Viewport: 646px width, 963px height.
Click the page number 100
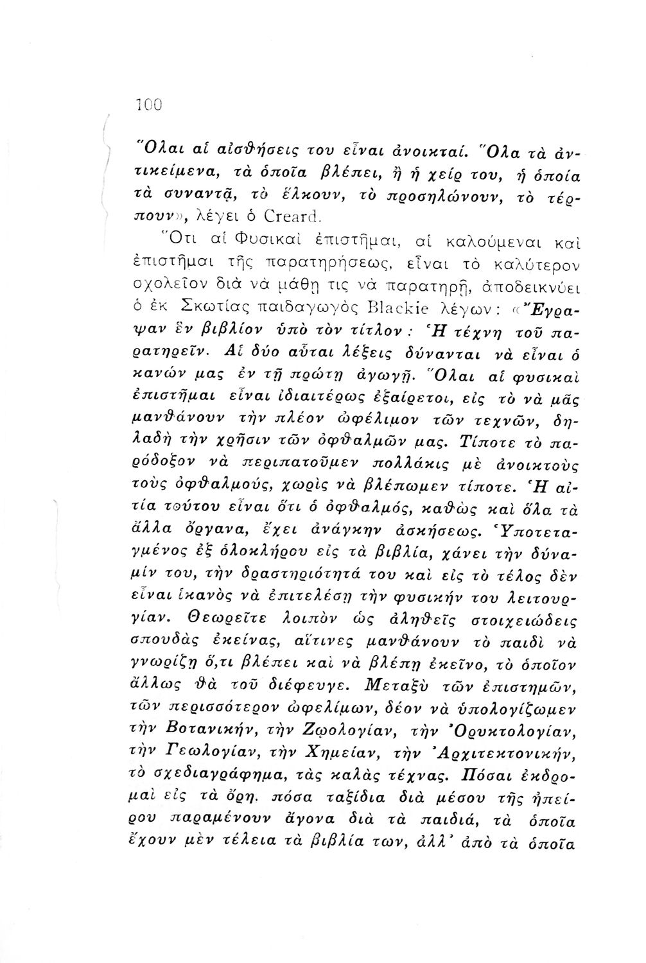[151, 103]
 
